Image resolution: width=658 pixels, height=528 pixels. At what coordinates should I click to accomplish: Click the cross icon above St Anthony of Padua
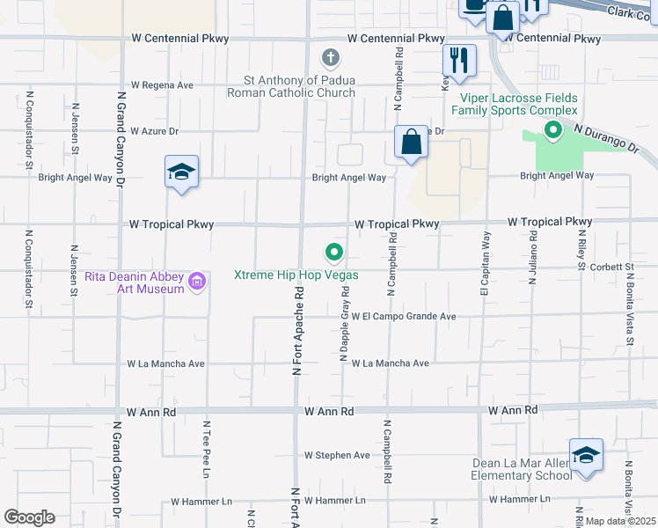(331, 59)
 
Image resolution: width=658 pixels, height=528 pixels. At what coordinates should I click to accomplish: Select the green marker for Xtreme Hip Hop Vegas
(334, 253)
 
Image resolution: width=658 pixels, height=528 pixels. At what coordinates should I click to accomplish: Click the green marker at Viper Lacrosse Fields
(552, 132)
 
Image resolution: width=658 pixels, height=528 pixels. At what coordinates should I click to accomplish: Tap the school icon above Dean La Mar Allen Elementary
(586, 454)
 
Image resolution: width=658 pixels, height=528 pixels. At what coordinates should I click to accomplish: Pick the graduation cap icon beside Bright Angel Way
(181, 172)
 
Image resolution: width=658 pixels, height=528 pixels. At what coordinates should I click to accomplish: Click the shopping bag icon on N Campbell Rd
(411, 142)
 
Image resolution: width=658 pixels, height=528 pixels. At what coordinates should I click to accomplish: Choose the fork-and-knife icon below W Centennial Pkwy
(458, 60)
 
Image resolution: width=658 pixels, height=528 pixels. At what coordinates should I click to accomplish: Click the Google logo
(29, 517)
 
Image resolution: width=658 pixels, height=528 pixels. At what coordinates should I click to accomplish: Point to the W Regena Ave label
(161, 85)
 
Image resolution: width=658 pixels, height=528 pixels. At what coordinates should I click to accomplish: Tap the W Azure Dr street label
(154, 131)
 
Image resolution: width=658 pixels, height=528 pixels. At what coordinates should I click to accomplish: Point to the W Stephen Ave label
(337, 455)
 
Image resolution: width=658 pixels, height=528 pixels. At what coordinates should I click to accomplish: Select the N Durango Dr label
(606, 139)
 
